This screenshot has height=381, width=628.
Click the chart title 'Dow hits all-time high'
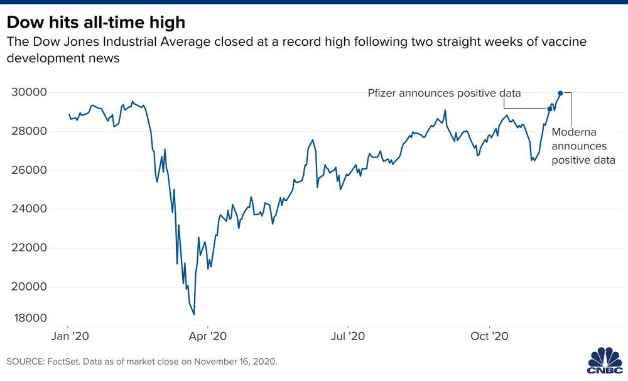click(96, 23)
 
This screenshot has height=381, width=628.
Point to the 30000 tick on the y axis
click(30, 92)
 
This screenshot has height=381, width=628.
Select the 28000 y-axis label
click(30, 131)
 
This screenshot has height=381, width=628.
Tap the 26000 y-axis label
click(30, 170)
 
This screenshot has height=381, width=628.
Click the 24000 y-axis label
click(30, 209)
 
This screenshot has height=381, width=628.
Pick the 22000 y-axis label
click(30, 248)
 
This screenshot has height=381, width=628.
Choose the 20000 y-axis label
click(30, 287)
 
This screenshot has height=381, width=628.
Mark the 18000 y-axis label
click(30, 318)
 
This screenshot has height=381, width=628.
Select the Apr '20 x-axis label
click(208, 335)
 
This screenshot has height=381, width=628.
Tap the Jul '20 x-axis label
click(348, 335)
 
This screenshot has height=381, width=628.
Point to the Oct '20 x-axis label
click(489, 335)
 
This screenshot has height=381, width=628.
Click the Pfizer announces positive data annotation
click(444, 93)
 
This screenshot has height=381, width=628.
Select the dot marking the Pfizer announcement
click(550, 109)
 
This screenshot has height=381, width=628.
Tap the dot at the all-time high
click(561, 93)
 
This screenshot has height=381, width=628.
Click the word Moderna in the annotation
click(573, 132)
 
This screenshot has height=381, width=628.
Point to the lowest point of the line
click(194, 314)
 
